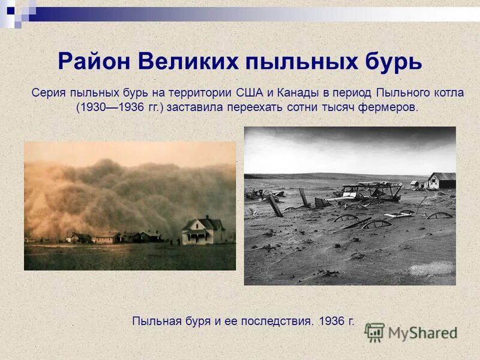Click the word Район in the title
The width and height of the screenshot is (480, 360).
click(94, 62)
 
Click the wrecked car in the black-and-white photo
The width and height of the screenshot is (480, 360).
click(372, 191)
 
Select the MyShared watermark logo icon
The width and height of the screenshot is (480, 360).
click(374, 332)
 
